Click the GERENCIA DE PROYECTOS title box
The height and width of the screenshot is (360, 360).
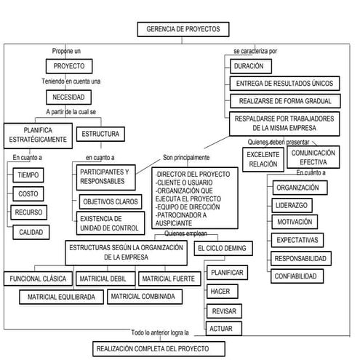182,30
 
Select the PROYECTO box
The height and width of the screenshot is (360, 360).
70,66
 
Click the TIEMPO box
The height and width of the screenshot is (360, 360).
30,175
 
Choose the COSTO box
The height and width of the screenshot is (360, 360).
28,194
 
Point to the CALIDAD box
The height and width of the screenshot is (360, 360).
31,232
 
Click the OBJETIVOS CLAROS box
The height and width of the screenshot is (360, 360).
110,201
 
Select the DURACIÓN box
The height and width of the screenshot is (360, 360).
249,66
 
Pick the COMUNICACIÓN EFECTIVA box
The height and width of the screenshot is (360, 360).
313,157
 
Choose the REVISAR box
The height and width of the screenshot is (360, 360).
220,311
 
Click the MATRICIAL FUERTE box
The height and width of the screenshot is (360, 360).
167,279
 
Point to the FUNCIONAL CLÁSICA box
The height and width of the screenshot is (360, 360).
37,279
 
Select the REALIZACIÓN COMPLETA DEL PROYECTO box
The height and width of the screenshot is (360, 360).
151,349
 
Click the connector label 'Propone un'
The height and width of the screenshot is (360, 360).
67,51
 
